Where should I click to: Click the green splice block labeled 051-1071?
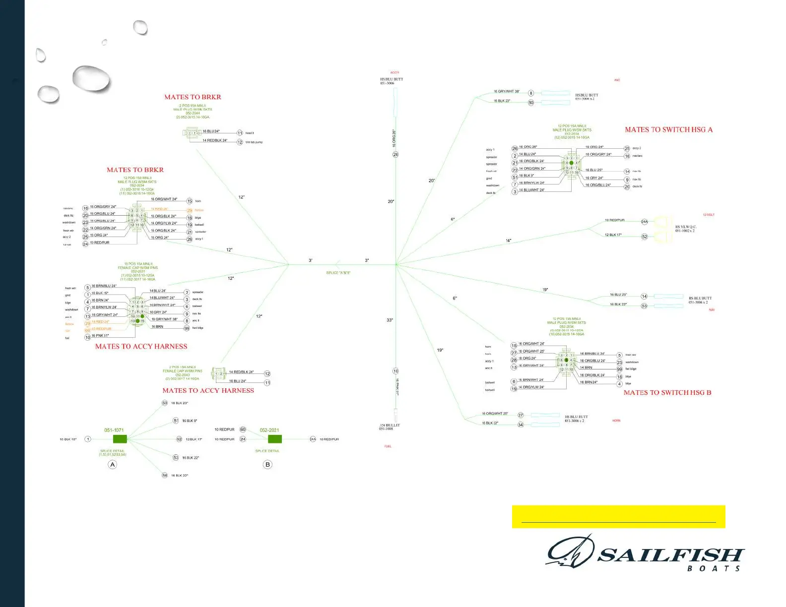pyautogui.click(x=120, y=439)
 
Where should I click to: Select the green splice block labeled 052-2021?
pyautogui.click(x=274, y=439)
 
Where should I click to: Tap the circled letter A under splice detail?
pyautogui.click(x=113, y=465)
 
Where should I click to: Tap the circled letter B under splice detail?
pyautogui.click(x=268, y=465)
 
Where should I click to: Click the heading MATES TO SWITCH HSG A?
pyautogui.click(x=668, y=130)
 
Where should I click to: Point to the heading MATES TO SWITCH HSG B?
pyautogui.click(x=667, y=393)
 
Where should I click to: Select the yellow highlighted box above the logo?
pyautogui.click(x=618, y=517)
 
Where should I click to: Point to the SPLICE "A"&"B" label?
pyautogui.click(x=338, y=273)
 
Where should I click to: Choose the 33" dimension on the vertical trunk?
pyautogui.click(x=390, y=320)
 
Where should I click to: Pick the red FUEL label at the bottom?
pyautogui.click(x=388, y=446)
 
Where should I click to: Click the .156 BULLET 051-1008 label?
pyautogui.click(x=390, y=427)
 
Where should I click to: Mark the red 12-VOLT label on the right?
pyautogui.click(x=709, y=215)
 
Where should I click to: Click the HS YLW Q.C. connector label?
pyautogui.click(x=686, y=229)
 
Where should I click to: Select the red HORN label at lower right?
pyautogui.click(x=616, y=421)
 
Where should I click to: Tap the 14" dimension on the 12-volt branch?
pyautogui.click(x=509, y=241)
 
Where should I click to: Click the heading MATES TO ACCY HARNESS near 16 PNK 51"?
pyautogui.click(x=141, y=347)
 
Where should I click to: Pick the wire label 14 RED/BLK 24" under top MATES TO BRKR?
pyautogui.click(x=215, y=141)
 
